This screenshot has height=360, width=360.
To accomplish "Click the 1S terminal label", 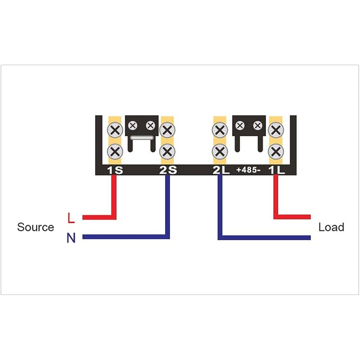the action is click(115, 170).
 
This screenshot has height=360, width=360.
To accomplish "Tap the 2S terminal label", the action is click(168, 170).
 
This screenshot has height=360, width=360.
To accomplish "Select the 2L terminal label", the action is click(221, 170).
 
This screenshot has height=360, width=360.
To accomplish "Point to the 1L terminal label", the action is click(277, 170).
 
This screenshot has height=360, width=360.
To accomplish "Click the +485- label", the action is click(248, 170).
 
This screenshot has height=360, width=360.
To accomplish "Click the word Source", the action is click(36, 227).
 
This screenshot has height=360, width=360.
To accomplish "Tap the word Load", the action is click(331, 227).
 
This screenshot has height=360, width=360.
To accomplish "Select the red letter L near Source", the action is click(71, 218).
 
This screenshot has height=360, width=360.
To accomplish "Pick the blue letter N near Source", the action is click(71, 238).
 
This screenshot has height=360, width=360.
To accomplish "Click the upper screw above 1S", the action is click(115, 130).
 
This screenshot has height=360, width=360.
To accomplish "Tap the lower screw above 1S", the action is click(115, 152).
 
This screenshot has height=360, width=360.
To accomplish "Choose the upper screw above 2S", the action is click(167, 130).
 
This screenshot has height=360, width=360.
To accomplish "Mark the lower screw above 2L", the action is click(220, 152).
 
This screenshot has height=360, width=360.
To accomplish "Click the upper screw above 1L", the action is click(276, 130).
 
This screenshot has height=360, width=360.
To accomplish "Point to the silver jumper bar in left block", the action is click(142, 138).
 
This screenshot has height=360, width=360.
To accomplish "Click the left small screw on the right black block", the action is click(240, 126).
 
